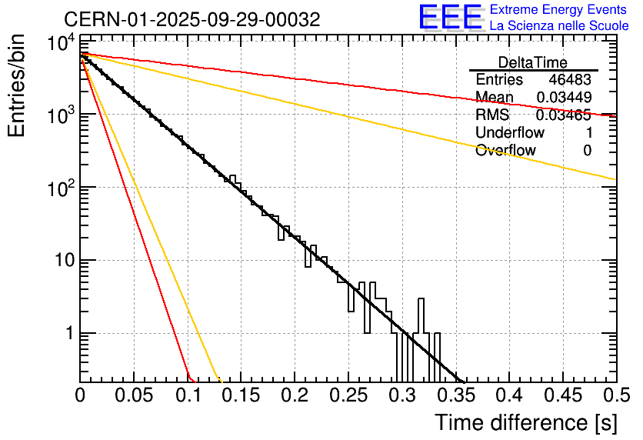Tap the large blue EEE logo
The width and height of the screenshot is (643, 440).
click(x=450, y=18)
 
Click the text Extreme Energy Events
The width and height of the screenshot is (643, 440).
click(x=558, y=10)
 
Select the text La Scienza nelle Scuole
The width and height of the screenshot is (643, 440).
click(x=558, y=26)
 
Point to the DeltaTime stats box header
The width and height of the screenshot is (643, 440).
click(x=532, y=62)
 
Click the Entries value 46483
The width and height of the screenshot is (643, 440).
click(x=570, y=80)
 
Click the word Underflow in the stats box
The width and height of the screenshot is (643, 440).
click(x=509, y=133)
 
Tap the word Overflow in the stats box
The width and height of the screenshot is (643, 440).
click(x=505, y=151)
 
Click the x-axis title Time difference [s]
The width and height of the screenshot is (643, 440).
click(x=525, y=422)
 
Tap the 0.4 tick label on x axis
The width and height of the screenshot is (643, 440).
click(x=508, y=395)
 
